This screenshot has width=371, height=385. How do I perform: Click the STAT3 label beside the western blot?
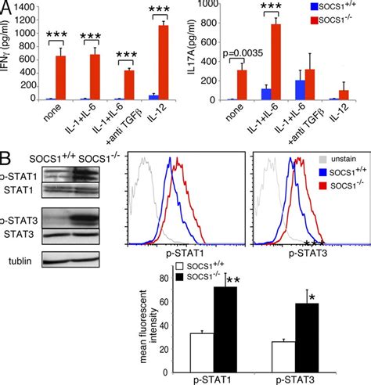[19, 229]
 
